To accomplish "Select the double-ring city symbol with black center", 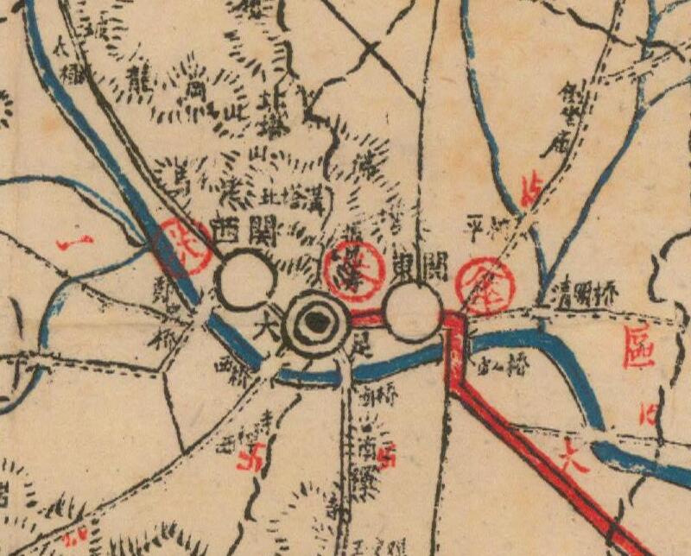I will (316, 324).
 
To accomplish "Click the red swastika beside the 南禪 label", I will (386, 455).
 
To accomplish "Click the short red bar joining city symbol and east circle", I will (365, 318).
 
